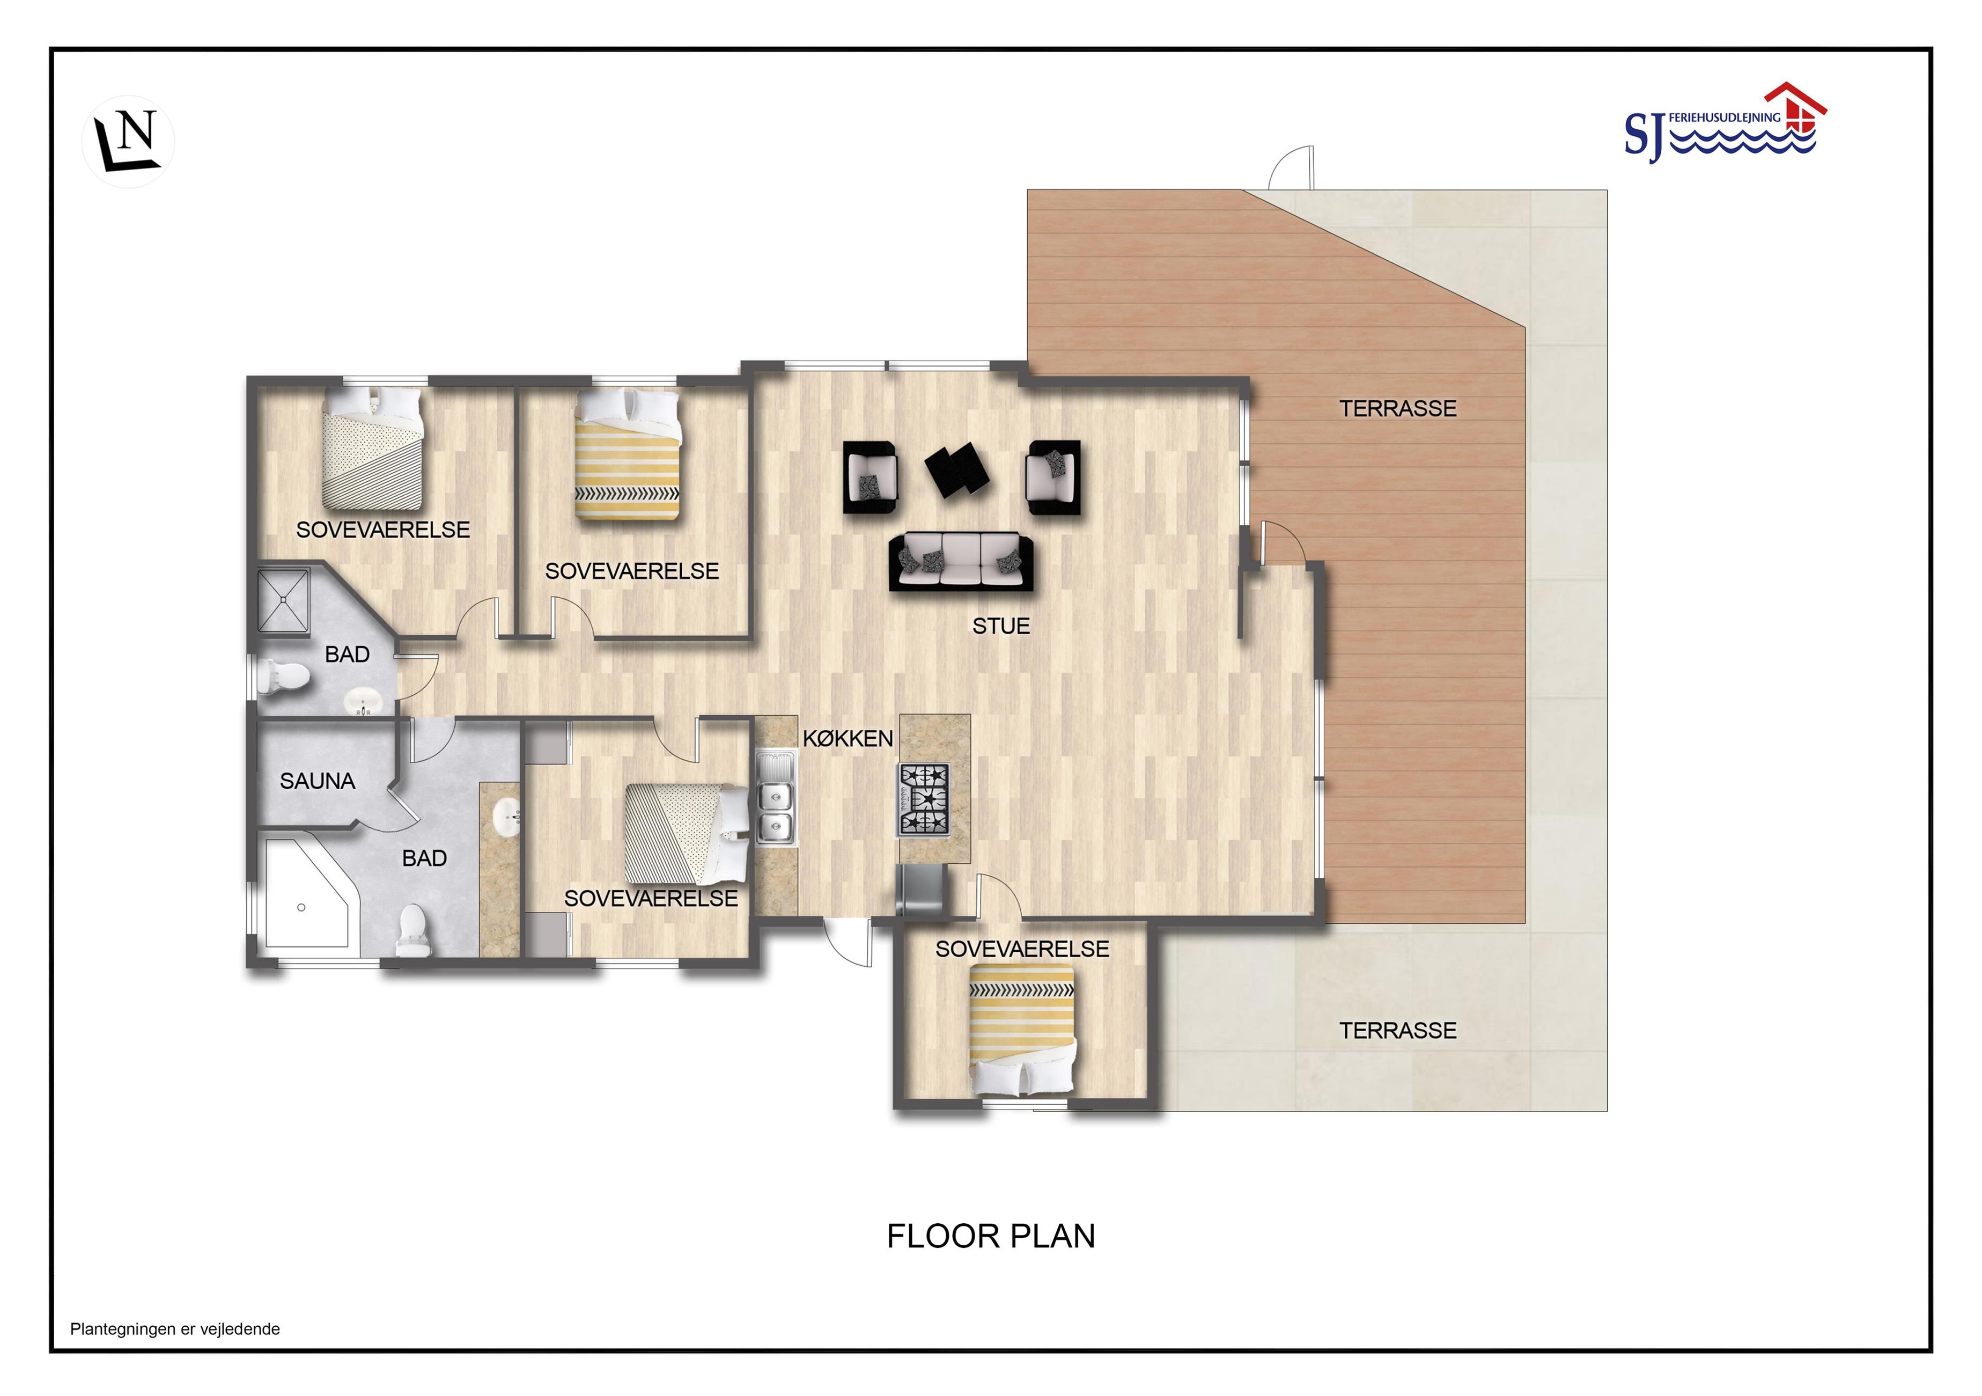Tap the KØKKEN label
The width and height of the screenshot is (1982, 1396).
848,738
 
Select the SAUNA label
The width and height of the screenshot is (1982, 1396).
318,781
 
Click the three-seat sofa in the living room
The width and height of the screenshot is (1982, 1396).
961,561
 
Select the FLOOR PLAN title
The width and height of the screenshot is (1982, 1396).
991,1236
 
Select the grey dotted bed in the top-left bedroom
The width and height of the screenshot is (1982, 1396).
373,447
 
